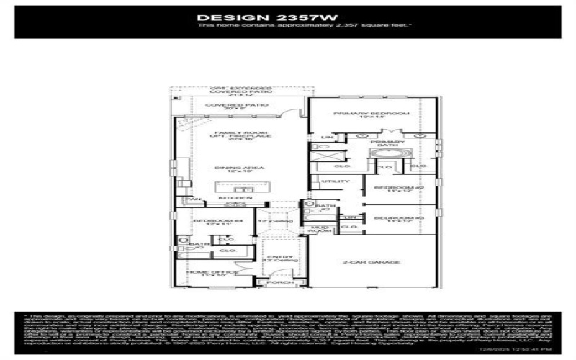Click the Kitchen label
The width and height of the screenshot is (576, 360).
(x=238, y=197)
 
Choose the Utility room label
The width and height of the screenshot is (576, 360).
(x=331, y=181)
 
